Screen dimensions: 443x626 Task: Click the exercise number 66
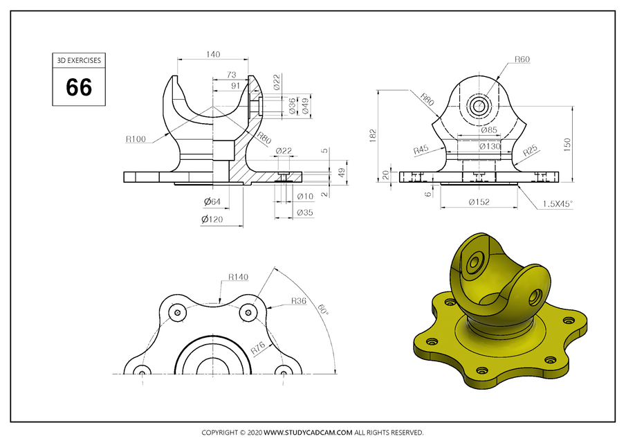coord(79,87)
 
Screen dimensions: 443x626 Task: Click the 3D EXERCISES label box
coord(79,60)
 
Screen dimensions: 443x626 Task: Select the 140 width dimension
coord(213,54)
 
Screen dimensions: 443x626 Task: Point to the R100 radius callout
coord(136,139)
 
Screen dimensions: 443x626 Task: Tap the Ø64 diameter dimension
coord(212,201)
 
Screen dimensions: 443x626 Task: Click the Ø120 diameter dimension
coord(213,219)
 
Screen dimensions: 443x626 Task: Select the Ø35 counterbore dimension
coord(304,213)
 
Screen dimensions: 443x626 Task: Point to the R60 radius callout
coord(522,60)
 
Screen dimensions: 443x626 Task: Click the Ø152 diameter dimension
coord(479,202)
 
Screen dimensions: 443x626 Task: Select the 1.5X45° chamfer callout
coord(558,204)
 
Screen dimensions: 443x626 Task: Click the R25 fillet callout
coord(531,149)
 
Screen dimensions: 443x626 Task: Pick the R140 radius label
coord(239,277)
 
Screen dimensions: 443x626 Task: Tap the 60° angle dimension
coord(323,311)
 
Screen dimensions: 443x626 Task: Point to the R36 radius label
coord(298,300)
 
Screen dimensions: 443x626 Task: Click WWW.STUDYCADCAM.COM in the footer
coord(309,433)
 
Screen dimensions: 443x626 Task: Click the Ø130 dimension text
coord(490,146)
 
